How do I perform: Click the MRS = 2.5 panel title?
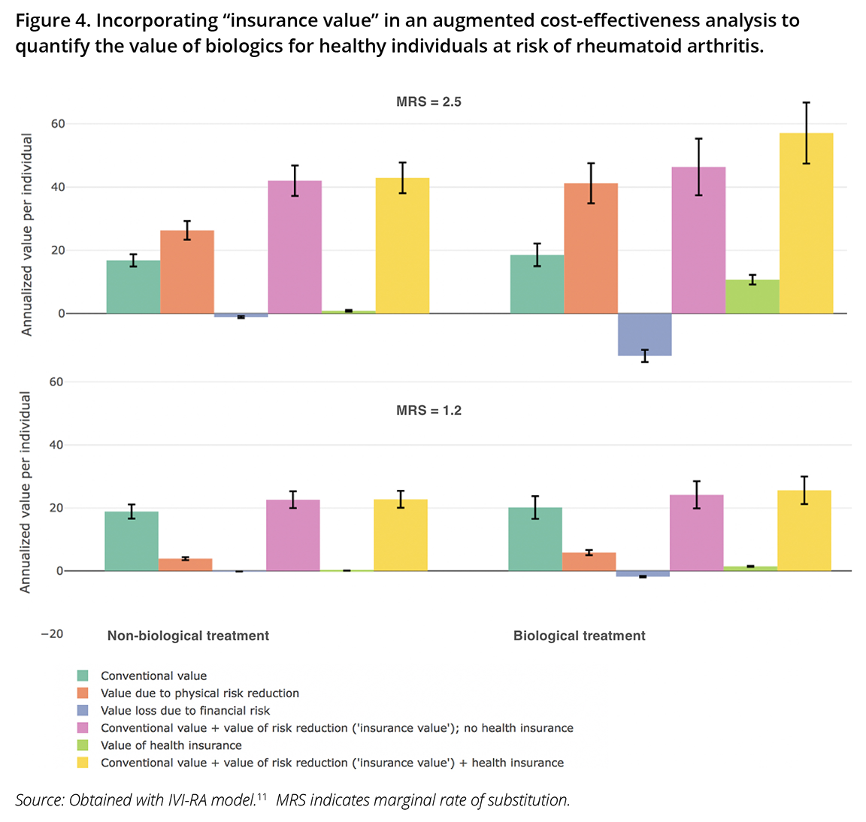428,101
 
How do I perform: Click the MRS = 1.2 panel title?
428,410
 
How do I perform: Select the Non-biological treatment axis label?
188,636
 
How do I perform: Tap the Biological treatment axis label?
579,636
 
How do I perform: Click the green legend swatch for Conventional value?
83,675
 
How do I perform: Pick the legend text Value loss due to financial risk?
185,710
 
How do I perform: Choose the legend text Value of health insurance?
171,745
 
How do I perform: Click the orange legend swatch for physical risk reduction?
83,693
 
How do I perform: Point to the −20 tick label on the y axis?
52,633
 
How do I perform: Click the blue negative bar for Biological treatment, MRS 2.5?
644,334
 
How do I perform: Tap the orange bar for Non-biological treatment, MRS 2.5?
187,272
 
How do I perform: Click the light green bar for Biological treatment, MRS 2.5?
752,297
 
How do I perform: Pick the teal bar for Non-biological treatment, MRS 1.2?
132,541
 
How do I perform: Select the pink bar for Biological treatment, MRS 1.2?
697,533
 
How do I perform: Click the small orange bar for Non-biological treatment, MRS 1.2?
186,564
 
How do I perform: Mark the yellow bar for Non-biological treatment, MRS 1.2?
401,535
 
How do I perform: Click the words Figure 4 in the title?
51,20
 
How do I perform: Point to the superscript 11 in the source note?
262,796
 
